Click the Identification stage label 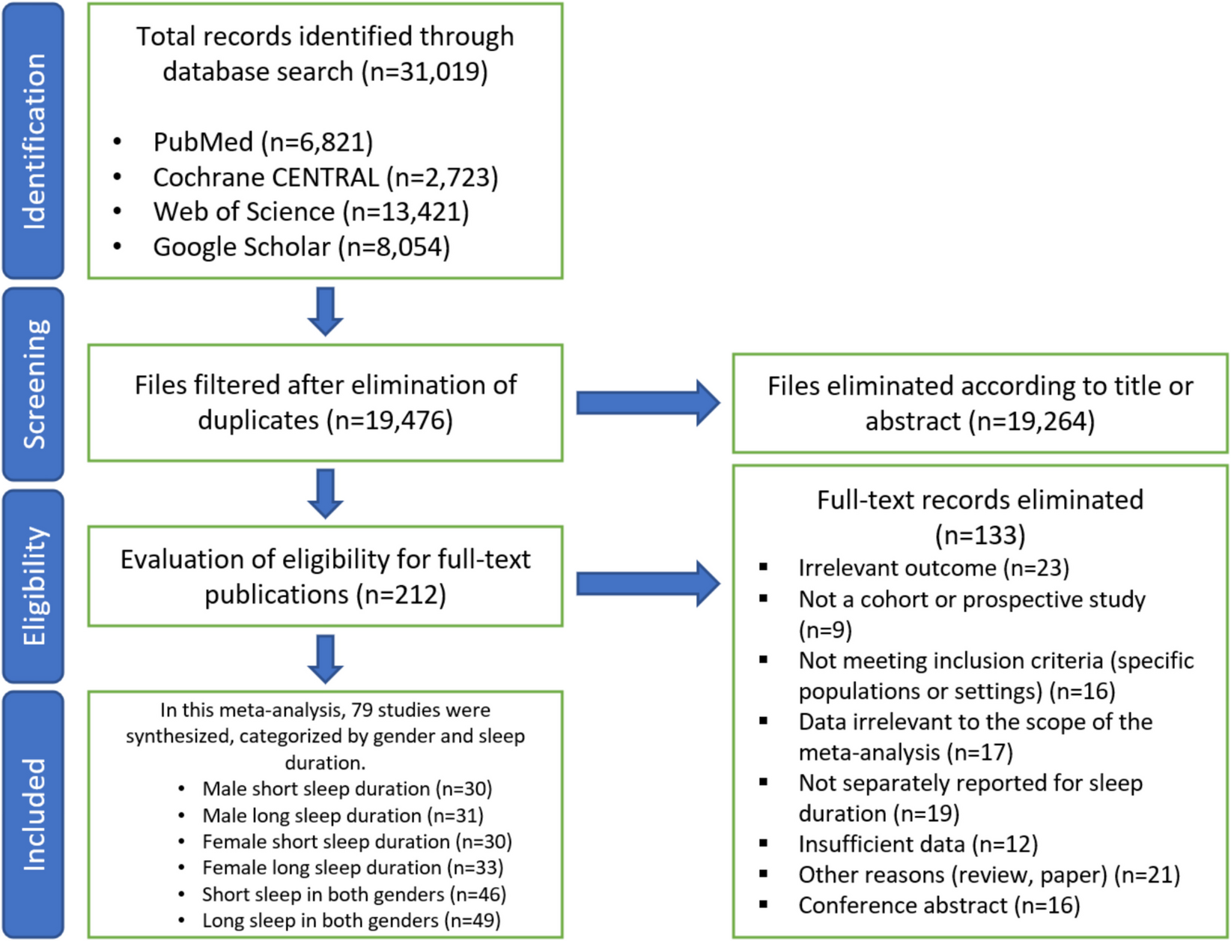(34, 141)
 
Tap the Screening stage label (34, 384)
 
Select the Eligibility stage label (34, 586)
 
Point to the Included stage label (34, 814)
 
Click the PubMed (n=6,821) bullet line (262, 142)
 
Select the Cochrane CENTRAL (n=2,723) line (325, 177)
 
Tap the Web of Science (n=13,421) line (311, 212)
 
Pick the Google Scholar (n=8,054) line (301, 246)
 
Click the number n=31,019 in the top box (425, 72)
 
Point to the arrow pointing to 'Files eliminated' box (647, 403)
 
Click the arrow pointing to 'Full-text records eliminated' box (647, 584)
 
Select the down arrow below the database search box (325, 311)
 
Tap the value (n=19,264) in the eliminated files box (1032, 421)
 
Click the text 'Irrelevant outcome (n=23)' (933, 568)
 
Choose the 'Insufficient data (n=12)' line (918, 844)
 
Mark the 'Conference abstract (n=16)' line (939, 905)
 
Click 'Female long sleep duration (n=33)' (352, 868)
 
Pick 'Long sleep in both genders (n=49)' (350, 920)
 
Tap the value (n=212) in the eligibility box (401, 595)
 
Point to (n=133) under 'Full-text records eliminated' (979, 535)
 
